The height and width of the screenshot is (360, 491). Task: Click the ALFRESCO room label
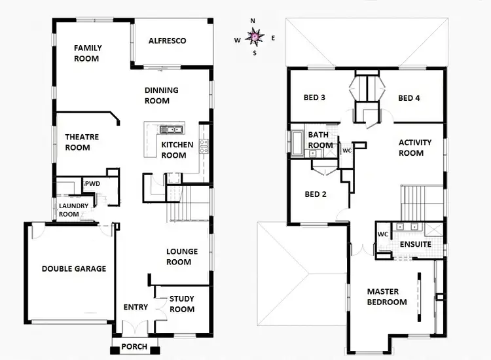click(x=167, y=41)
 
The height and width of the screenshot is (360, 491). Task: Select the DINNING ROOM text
click(x=157, y=96)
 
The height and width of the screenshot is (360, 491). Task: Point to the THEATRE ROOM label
click(x=82, y=143)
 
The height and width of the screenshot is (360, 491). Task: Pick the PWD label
click(x=92, y=184)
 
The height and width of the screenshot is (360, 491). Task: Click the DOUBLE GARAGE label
click(x=74, y=268)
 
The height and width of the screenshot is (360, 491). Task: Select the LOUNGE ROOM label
click(x=179, y=257)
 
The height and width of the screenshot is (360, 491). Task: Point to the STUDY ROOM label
click(x=182, y=304)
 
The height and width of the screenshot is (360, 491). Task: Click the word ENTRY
click(x=136, y=307)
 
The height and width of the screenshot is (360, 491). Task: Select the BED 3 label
click(x=315, y=98)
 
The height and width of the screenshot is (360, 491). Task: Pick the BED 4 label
click(x=409, y=98)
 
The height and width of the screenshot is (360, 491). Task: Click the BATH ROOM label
click(x=320, y=140)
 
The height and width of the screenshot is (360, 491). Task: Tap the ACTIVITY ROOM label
click(x=411, y=148)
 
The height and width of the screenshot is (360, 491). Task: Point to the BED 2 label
click(x=316, y=194)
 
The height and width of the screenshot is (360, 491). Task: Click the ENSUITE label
click(x=415, y=244)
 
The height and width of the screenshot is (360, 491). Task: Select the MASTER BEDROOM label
click(x=387, y=297)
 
